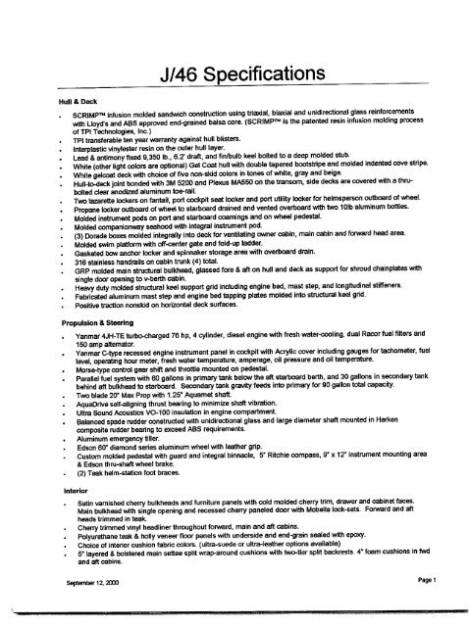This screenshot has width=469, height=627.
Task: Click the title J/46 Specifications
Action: [x=235, y=74]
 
